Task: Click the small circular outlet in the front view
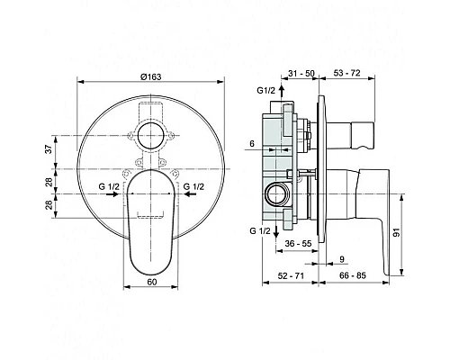click(149, 137)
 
